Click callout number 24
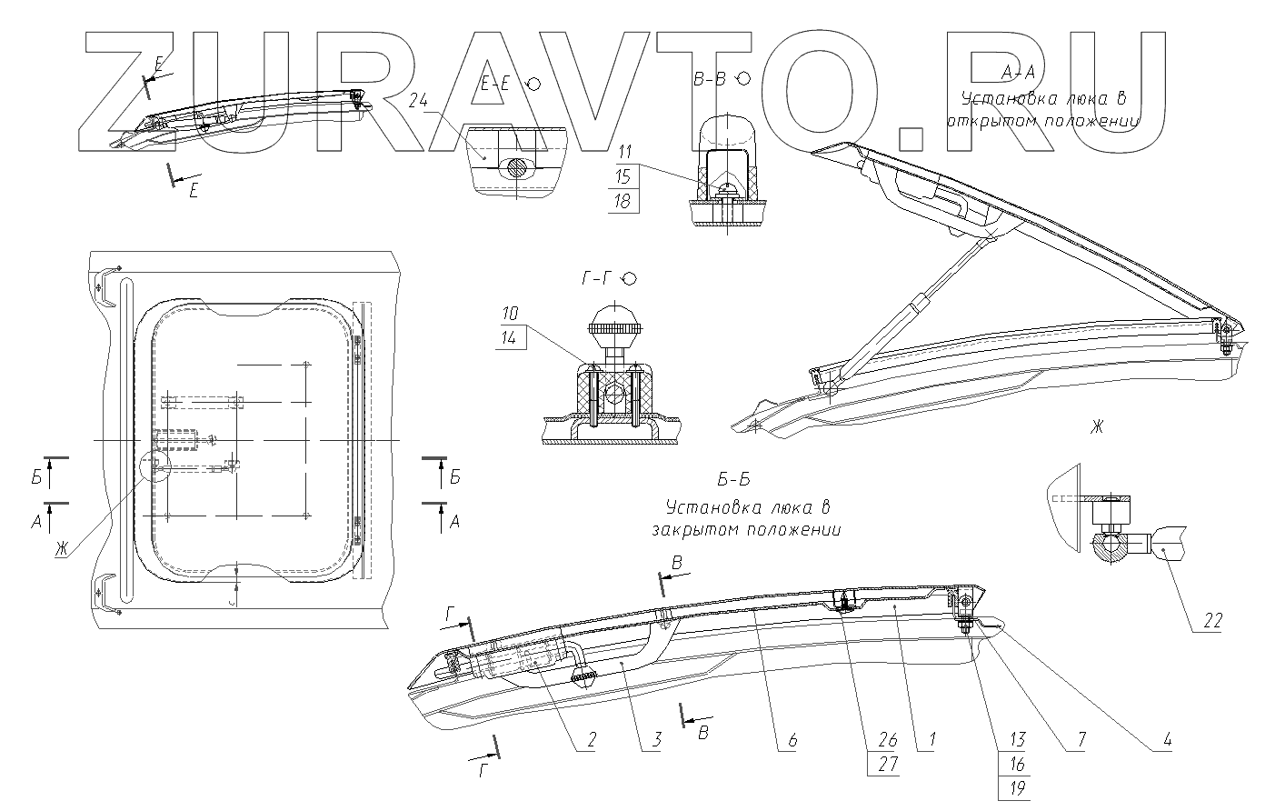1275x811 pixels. [418, 101]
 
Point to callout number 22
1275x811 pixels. [1211, 622]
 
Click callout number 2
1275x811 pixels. [590, 741]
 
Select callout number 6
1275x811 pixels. [792, 741]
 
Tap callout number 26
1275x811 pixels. [887, 741]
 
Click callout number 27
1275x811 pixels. [887, 765]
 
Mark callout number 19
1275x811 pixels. [1016, 788]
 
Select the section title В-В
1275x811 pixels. [709, 80]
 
